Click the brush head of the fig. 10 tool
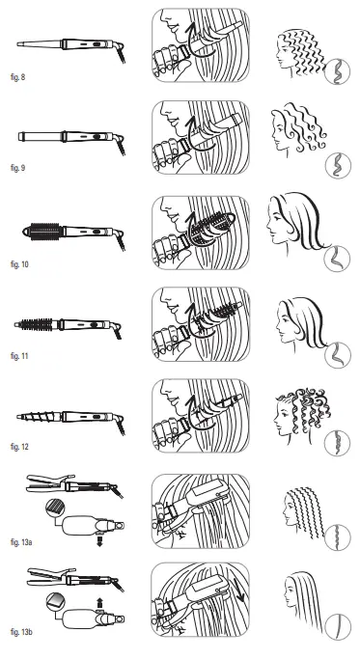click(44, 233)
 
